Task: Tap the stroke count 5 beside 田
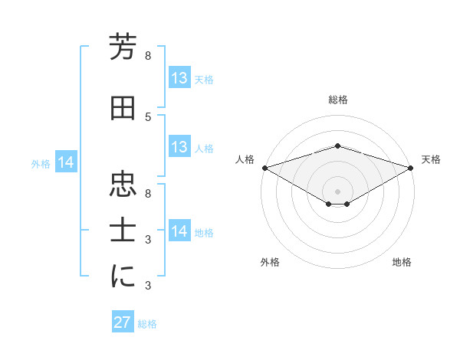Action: pos(148,116)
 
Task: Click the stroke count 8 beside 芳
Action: pos(148,56)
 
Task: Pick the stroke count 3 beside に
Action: pos(148,286)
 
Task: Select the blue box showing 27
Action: pos(123,322)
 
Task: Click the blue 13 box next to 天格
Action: pos(179,78)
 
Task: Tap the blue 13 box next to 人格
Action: pos(179,147)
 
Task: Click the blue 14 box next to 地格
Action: pos(179,231)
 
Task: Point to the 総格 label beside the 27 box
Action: pos(147,324)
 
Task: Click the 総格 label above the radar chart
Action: pos(338,100)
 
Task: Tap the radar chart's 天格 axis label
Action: pos(432,159)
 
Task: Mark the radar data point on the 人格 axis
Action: pos(264,167)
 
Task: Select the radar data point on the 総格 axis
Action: pos(338,146)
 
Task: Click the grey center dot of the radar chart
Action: pos(338,190)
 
